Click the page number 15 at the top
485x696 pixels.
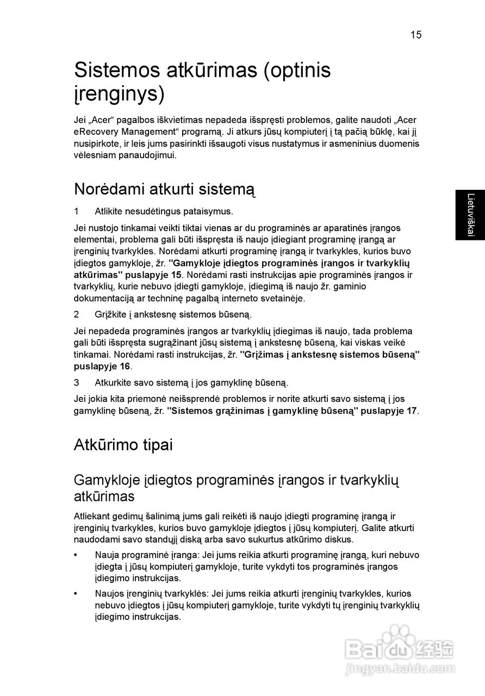pos(415,35)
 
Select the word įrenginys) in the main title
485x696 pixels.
pos(119,94)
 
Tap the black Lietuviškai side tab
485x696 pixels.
pos(470,215)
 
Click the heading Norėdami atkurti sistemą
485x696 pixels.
pos(164,190)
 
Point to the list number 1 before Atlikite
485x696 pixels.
pos(77,211)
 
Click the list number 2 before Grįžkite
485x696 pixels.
pos(77,314)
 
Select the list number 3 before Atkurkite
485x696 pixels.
pos(77,383)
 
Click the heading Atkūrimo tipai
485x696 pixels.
pos(123,445)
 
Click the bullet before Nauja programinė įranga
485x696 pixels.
pos(76,555)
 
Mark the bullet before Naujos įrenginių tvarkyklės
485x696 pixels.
pos(76,594)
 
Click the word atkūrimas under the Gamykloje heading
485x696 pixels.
pos(104,497)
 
